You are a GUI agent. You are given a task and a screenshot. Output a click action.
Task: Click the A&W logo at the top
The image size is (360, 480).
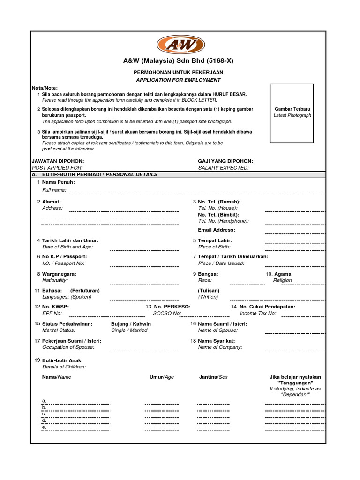tap(180, 45)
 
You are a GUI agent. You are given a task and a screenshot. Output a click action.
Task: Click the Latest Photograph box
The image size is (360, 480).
tap(292, 113)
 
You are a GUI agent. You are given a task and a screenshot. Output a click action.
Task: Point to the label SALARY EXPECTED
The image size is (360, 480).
tap(224, 167)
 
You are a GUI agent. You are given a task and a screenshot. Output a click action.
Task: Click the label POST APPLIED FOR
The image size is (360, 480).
tap(57, 167)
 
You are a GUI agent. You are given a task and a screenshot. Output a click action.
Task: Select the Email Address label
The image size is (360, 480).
tap(217, 230)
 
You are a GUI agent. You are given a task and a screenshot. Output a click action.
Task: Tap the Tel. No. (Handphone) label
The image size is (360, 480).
tap(224, 221)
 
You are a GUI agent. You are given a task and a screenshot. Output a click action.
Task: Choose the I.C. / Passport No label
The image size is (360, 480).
tap(63, 263)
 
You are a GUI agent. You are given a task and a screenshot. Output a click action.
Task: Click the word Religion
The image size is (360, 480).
tap(282, 280)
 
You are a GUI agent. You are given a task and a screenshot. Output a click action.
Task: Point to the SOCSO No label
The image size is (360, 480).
tap(167, 313)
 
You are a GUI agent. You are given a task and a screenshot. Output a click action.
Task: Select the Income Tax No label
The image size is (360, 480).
tap(258, 313)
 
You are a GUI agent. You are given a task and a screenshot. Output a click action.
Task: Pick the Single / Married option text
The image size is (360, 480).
tap(129, 330)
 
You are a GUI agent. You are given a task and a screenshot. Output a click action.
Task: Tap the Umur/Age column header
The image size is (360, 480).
tap(161, 377)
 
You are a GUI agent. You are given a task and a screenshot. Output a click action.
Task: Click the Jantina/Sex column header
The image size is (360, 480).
tap(213, 377)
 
